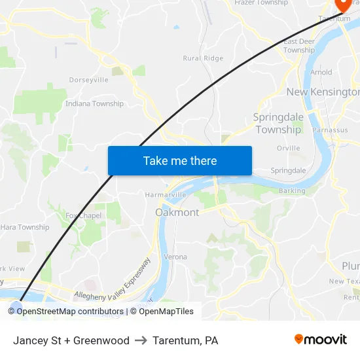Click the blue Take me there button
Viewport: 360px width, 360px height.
click(180, 160)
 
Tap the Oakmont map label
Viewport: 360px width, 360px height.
click(177, 213)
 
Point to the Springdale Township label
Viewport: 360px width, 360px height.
click(278, 123)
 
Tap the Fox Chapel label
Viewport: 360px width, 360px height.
click(84, 216)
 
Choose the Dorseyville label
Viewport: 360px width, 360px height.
click(88, 80)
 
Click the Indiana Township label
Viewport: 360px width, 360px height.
click(94, 103)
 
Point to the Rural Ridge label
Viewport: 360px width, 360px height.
click(203, 58)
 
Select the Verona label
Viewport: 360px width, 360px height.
click(175, 257)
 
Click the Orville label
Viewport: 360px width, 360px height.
click(288, 148)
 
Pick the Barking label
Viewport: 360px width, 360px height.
click(292, 191)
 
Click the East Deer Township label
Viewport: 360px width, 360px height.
click(299, 46)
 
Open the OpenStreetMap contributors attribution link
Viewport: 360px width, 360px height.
click(70, 312)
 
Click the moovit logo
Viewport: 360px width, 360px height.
click(321, 340)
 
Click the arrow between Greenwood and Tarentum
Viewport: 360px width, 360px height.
click(141, 340)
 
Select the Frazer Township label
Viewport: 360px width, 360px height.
click(261, 3)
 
